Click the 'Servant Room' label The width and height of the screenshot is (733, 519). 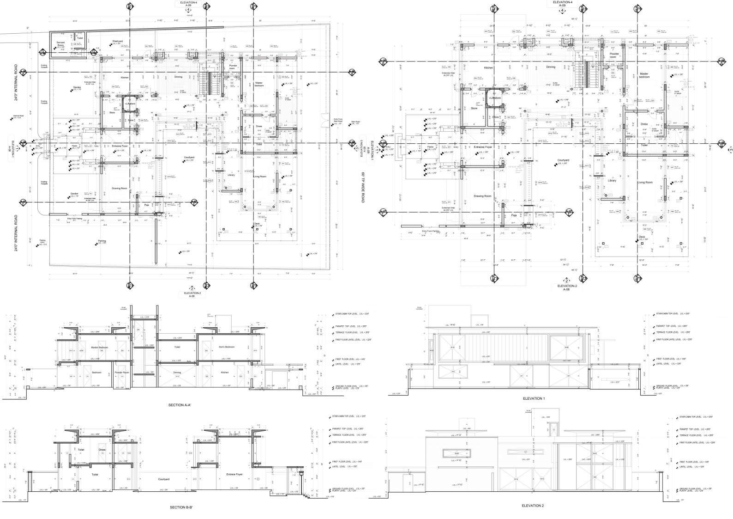tap(60, 43)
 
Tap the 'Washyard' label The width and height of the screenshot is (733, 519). tap(118, 41)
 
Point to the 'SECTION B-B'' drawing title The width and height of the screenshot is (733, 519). tap(181, 507)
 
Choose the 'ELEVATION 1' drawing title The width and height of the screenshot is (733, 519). tap(534, 398)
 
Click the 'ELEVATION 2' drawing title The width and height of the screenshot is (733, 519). tap(533, 506)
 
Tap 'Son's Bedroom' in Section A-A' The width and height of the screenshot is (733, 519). tap(226, 347)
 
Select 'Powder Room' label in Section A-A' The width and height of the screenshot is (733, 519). tap(122, 372)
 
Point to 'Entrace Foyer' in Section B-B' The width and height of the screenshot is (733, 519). tap(234, 475)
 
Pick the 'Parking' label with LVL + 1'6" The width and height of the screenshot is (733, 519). tap(102, 242)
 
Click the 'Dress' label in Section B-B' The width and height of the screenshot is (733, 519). tap(102, 450)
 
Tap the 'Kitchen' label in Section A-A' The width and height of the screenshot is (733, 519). tap(224, 372)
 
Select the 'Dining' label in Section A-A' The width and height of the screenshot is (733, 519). tap(177, 372)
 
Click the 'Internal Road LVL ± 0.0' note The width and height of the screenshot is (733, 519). tap(18, 117)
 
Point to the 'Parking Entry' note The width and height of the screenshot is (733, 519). tap(42, 241)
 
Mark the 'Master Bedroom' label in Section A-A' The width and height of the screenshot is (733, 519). tap(100, 347)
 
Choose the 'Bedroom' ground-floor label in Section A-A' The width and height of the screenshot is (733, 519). tap(96, 372)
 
